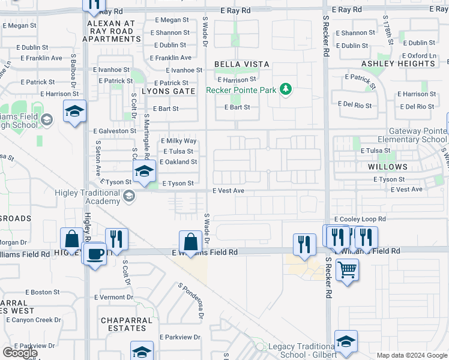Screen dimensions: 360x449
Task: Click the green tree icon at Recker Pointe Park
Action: [286, 89]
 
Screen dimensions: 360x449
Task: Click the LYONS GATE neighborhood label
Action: [168, 91]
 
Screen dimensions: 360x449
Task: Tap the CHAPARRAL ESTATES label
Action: [127, 325]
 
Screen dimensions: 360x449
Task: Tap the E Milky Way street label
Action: [178, 141]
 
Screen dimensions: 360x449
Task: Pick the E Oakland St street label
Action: [178, 162]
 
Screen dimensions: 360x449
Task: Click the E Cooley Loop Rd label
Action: [360, 220]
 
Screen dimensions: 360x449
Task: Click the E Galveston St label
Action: [115, 131]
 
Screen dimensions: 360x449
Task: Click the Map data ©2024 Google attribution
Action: [411, 355]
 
